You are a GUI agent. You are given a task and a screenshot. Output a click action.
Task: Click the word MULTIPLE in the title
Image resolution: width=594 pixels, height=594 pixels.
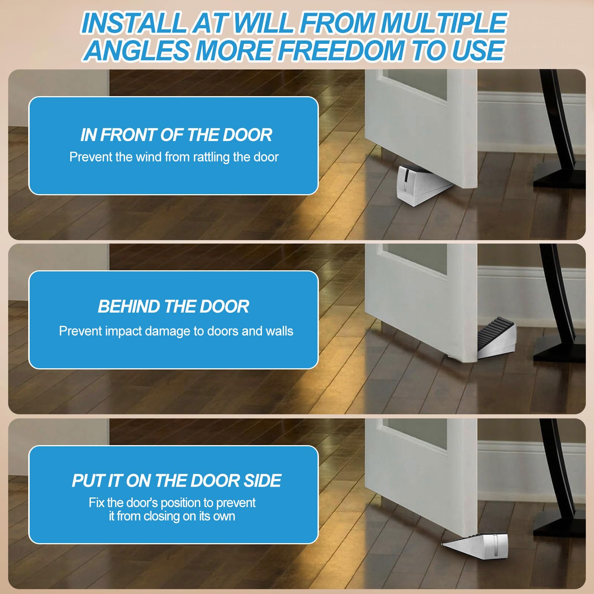click(444, 23)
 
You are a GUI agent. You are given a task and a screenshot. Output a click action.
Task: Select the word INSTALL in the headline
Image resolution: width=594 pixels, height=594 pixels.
click(134, 23)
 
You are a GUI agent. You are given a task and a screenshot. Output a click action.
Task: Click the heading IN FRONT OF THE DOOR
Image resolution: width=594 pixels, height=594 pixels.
click(176, 135)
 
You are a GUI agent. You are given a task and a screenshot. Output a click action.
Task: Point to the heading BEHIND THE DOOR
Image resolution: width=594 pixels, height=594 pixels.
click(173, 307)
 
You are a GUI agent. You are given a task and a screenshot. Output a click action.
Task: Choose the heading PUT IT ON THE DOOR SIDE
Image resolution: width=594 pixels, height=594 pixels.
click(176, 481)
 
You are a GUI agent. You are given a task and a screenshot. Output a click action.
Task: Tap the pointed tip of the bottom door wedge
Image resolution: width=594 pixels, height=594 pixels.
click(444, 544)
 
